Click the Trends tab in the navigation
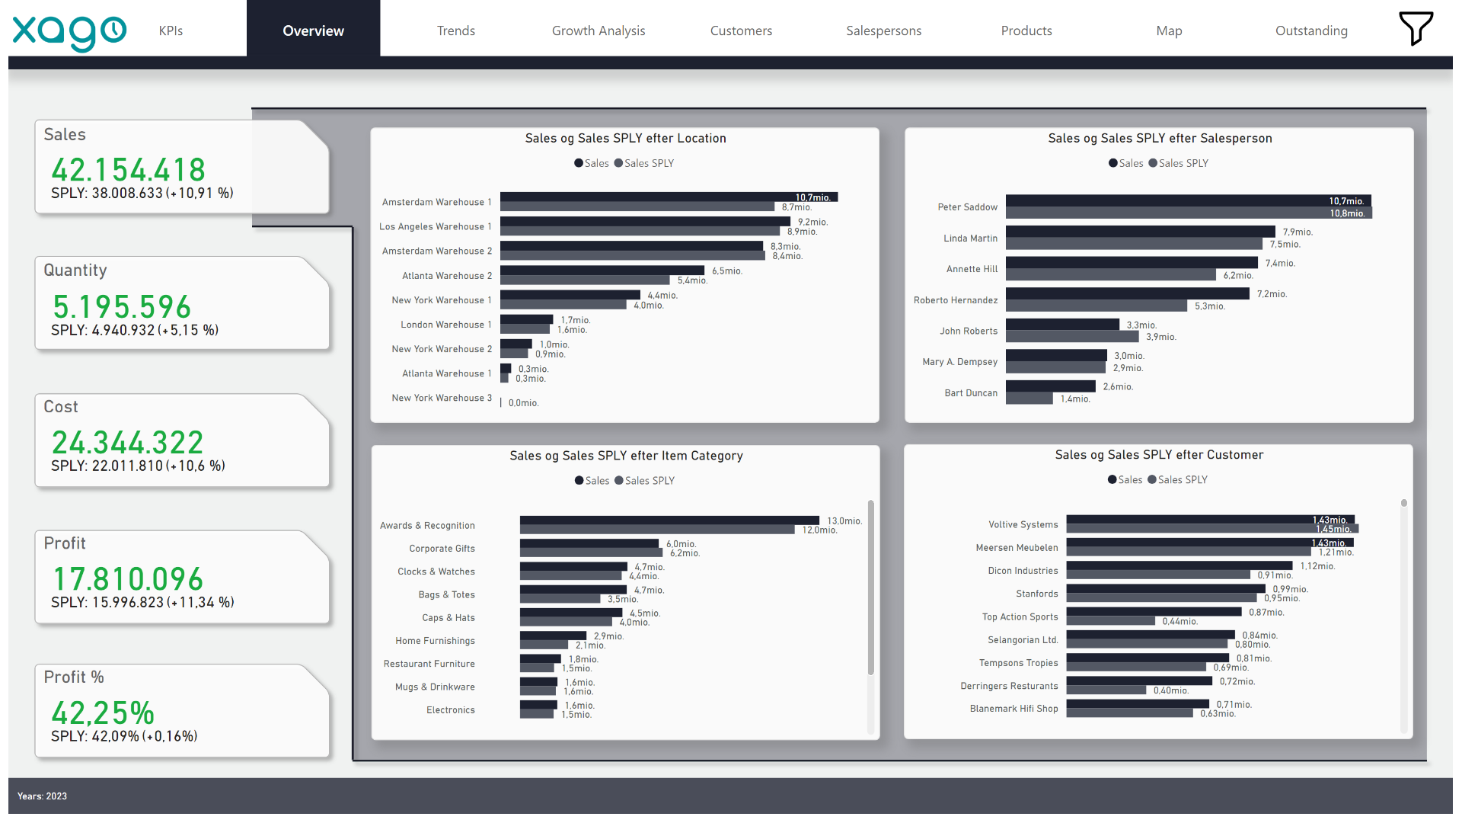pyautogui.click(x=455, y=30)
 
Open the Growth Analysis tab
pyautogui.click(x=599, y=30)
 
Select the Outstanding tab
pyautogui.click(x=1311, y=30)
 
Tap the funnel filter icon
pyautogui.click(x=1416, y=28)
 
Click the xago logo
pyautogui.click(x=69, y=32)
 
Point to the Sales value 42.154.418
pyautogui.click(x=128, y=169)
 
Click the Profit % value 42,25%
pyautogui.click(x=103, y=713)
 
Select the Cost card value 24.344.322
pyautogui.click(x=127, y=443)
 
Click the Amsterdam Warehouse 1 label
pyautogui.click(x=437, y=202)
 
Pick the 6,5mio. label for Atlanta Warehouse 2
pyautogui.click(x=727, y=271)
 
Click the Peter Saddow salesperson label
pyautogui.click(x=967, y=207)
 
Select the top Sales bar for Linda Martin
pyautogui.click(x=1140, y=232)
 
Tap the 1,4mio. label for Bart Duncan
pyautogui.click(x=1075, y=399)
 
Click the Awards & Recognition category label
pyautogui.click(x=427, y=526)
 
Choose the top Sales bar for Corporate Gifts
pyautogui.click(x=589, y=543)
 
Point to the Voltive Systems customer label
pyautogui.click(x=1023, y=524)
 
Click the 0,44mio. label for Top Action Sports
pyautogui.click(x=1179, y=622)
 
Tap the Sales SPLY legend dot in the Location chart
pyautogui.click(x=618, y=163)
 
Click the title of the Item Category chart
pyautogui.click(x=626, y=456)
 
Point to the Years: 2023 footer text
pyautogui.click(x=43, y=796)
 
